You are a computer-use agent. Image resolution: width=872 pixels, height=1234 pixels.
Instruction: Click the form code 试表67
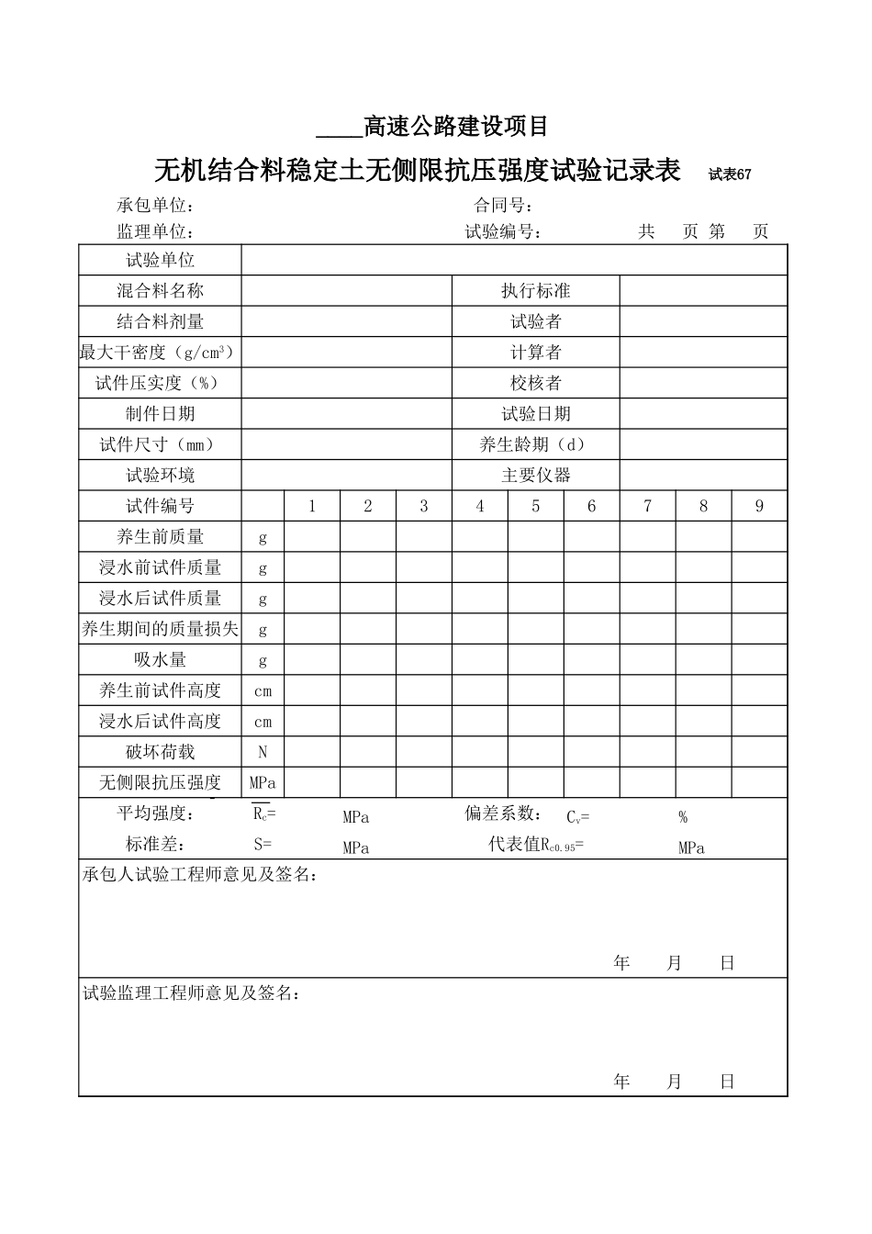pyautogui.click(x=730, y=174)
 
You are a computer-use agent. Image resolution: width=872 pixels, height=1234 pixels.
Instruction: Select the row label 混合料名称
pyautogui.click(x=161, y=291)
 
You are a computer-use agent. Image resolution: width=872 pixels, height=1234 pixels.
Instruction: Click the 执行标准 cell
pyautogui.click(x=536, y=291)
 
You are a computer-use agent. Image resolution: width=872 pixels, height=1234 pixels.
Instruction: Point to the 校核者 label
pyautogui.click(x=536, y=383)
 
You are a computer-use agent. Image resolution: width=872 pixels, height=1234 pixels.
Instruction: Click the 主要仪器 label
pyautogui.click(x=536, y=476)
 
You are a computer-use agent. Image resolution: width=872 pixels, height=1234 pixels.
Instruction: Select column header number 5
pyautogui.click(x=536, y=506)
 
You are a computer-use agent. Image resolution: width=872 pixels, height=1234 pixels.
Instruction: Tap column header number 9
pyautogui.click(x=759, y=506)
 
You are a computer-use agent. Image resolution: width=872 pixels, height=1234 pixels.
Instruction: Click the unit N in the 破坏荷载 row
pyautogui.click(x=263, y=752)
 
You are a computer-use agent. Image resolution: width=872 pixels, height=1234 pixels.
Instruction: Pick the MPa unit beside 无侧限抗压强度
pyautogui.click(x=263, y=783)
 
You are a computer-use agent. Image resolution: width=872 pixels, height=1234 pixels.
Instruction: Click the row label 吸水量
pyautogui.click(x=161, y=660)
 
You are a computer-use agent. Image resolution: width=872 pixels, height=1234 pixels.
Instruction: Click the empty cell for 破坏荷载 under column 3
pyautogui.click(x=424, y=752)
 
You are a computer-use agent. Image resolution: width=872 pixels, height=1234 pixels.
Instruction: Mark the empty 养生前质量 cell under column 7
pyautogui.click(x=648, y=537)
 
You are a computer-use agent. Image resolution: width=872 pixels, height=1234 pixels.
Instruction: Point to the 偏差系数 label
pyautogui.click(x=501, y=813)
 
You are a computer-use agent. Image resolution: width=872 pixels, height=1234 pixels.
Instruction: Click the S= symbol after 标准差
pyautogui.click(x=263, y=845)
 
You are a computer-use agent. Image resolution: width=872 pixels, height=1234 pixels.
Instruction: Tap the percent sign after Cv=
pyautogui.click(x=683, y=817)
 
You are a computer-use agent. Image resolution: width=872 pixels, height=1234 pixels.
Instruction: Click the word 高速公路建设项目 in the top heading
pyautogui.click(x=456, y=126)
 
